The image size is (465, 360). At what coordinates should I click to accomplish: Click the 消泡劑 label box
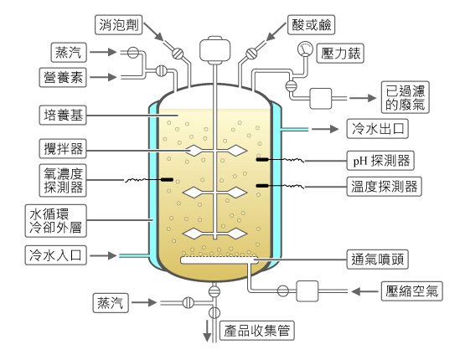click(x=119, y=25)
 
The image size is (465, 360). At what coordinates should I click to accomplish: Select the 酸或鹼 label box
click(x=312, y=25)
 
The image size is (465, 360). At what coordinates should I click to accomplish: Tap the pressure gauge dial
click(x=305, y=49)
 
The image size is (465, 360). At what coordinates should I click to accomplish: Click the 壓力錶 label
click(x=340, y=54)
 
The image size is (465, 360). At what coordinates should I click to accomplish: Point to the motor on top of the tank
click(x=215, y=49)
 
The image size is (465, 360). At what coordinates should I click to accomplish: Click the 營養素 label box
click(x=63, y=77)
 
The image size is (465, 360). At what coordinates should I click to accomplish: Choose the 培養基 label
click(x=63, y=115)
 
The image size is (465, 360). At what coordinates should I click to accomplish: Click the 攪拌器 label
click(x=63, y=149)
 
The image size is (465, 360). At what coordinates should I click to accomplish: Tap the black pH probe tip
click(x=262, y=160)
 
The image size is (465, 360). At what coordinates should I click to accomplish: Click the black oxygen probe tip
click(x=168, y=179)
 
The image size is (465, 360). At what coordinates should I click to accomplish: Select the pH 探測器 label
click(x=380, y=161)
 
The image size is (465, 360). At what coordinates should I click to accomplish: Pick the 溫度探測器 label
click(x=385, y=187)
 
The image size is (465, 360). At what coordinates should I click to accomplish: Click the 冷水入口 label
click(x=56, y=255)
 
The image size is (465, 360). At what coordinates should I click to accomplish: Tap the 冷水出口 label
click(x=378, y=129)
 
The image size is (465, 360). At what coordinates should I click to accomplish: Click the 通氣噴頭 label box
click(x=378, y=260)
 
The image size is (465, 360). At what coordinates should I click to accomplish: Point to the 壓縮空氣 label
click(x=412, y=291)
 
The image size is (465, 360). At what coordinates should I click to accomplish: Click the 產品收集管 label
click(x=257, y=331)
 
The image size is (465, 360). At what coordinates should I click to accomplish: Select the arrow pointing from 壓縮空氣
click(x=364, y=291)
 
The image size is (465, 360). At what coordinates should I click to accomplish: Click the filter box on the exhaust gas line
click(x=321, y=98)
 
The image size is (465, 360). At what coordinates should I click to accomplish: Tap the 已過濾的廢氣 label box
click(x=406, y=97)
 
